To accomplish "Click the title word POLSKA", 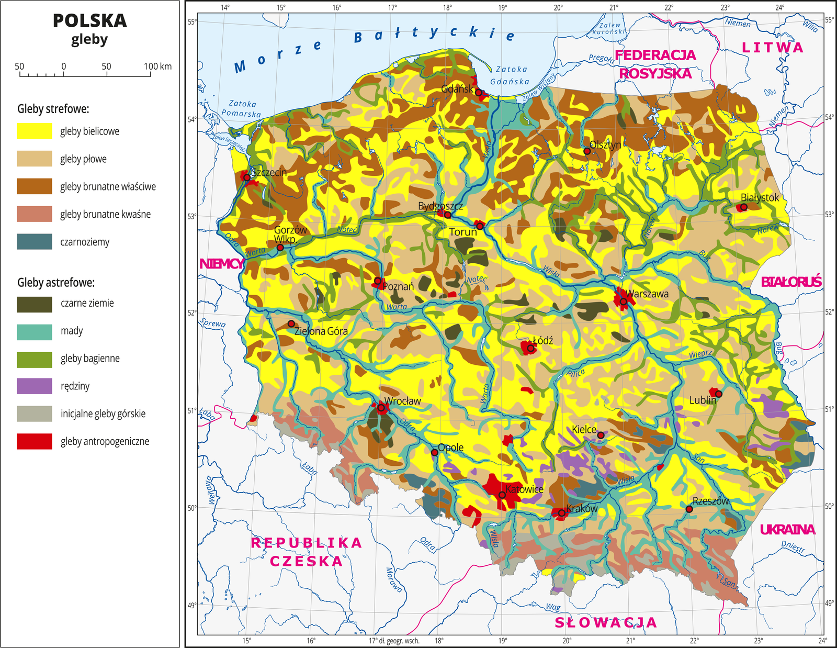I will coord(89,21).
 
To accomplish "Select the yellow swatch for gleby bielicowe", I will coord(35,131).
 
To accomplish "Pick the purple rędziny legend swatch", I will coord(35,386).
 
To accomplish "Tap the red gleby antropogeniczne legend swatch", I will coord(35,441).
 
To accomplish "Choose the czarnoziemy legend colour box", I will coord(35,242).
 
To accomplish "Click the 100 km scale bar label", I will coord(157,66).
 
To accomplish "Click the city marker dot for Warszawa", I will coord(623,301).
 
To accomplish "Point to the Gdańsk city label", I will coord(457,88).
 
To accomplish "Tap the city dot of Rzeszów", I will coord(689,509).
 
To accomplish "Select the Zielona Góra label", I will coord(321,331).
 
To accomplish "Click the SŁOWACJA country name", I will coord(605,622).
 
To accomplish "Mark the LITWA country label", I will coord(772,48).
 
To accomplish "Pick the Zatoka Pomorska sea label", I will coord(242,108).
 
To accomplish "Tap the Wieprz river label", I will coord(700,354).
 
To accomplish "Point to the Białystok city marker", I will coord(743,207).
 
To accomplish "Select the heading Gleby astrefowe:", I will coord(56,283).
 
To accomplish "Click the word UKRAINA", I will coord(787,529).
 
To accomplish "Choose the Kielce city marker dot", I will coord(601,435).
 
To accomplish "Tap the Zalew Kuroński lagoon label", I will coord(608,28).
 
